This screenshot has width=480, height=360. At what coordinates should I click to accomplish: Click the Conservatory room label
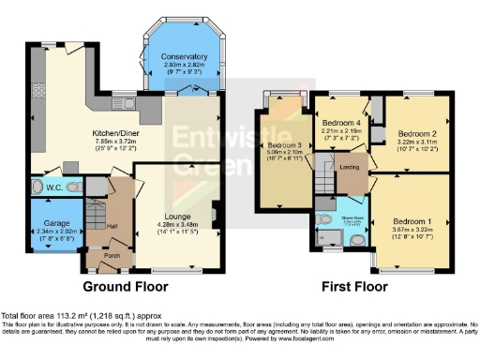[x=183, y=55]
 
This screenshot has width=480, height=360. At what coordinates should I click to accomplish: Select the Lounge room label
[x=177, y=216]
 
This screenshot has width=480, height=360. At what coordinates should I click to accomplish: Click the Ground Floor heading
[x=125, y=286]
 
